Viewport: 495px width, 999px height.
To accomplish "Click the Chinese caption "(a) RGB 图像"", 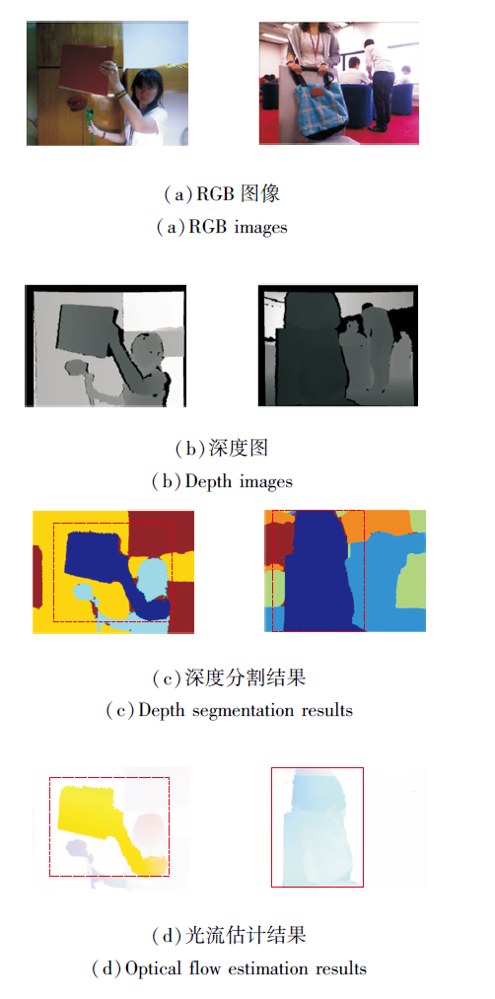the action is tap(222, 194).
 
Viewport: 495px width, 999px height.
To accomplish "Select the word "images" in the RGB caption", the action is tap(260, 227).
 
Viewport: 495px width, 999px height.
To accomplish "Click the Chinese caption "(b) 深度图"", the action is tap(222, 448).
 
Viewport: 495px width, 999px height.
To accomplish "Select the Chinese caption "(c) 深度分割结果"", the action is tap(229, 678).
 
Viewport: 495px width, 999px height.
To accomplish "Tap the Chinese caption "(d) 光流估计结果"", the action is tap(229, 935).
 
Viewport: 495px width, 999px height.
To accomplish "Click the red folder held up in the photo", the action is tap(86, 70).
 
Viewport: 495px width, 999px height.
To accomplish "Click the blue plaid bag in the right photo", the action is tap(320, 106).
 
